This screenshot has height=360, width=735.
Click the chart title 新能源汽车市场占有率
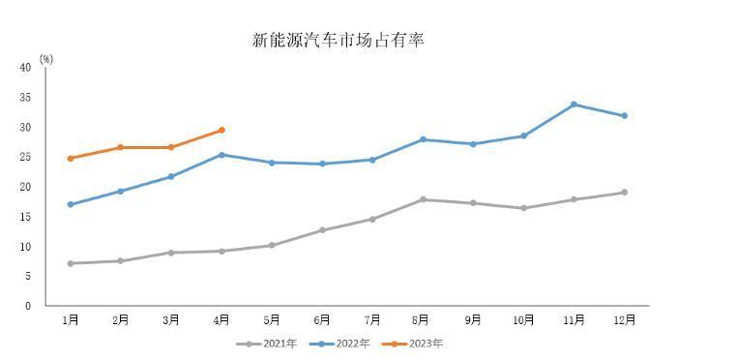(x=338, y=41)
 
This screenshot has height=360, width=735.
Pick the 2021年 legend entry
(x=266, y=344)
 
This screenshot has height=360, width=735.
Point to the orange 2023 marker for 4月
(x=221, y=130)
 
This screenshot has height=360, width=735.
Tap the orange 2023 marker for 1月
(x=71, y=158)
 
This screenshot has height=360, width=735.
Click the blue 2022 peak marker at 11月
(x=573, y=105)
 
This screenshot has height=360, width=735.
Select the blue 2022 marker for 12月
(x=625, y=115)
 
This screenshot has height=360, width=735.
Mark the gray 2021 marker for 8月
(x=423, y=199)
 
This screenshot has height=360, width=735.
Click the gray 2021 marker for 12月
(x=625, y=192)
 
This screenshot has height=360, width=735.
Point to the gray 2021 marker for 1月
(x=71, y=263)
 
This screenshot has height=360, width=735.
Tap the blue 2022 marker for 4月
(x=221, y=155)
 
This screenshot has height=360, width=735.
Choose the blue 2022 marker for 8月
(x=423, y=139)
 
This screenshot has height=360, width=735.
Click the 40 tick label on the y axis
(x=26, y=68)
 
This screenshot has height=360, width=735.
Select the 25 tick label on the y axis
(x=26, y=157)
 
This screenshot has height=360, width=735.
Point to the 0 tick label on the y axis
(x=28, y=306)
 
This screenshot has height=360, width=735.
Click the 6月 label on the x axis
(x=322, y=320)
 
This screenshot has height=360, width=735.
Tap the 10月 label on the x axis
(x=523, y=320)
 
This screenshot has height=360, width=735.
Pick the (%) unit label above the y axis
(x=46, y=59)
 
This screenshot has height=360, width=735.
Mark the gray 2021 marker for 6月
(x=322, y=230)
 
